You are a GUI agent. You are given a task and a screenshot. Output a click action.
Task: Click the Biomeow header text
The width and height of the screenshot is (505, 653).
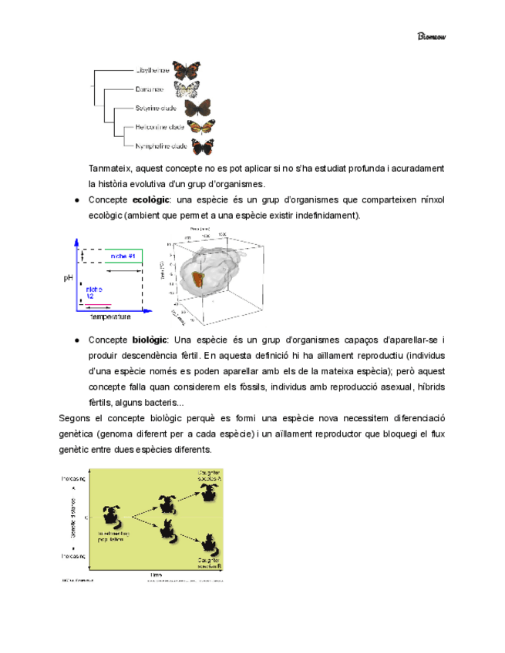(x=432, y=36)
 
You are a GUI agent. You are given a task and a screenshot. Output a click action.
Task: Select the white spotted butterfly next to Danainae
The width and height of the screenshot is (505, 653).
(x=187, y=89)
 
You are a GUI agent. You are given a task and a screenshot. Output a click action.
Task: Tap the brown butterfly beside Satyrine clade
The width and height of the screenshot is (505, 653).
(x=197, y=108)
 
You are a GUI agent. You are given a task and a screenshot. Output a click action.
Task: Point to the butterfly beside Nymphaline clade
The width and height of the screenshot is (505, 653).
(x=203, y=146)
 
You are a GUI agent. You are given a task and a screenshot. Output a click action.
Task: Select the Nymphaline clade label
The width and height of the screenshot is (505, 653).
(x=160, y=146)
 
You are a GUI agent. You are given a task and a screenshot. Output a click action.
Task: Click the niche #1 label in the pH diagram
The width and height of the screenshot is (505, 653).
(x=123, y=256)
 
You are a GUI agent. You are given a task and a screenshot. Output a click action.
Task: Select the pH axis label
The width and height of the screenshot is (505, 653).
(x=68, y=279)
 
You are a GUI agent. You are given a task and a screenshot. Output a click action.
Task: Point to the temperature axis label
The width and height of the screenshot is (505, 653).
(x=110, y=316)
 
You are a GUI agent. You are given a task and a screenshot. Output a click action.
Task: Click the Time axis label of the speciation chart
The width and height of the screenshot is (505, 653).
(x=157, y=574)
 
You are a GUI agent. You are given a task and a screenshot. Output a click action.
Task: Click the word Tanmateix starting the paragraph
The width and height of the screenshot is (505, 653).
(x=112, y=168)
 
